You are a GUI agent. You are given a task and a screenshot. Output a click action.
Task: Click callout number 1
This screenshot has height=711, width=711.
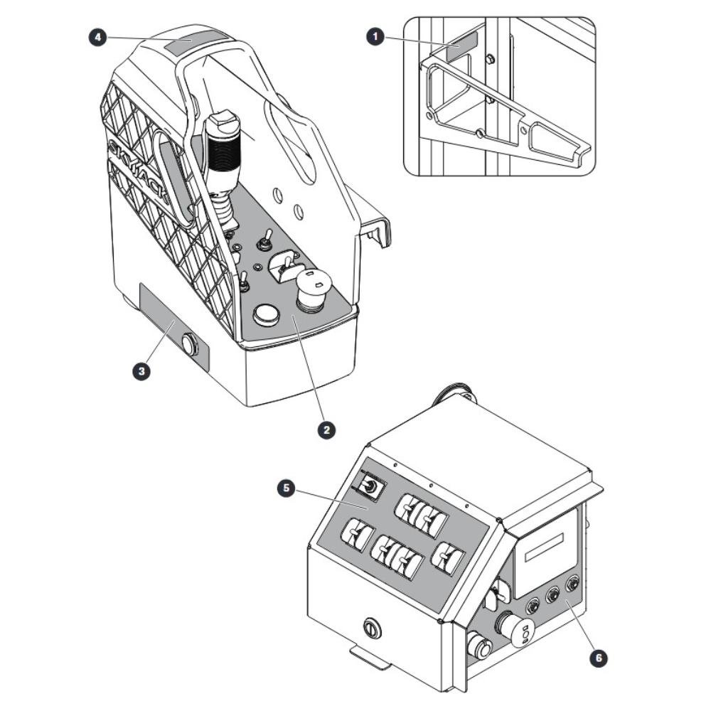point(375,37)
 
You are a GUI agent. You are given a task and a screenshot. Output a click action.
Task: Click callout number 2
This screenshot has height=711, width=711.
point(326,429)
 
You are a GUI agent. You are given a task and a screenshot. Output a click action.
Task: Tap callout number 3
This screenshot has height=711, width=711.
point(141,371)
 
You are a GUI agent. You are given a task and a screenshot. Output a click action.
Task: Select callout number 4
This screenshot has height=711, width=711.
point(97,37)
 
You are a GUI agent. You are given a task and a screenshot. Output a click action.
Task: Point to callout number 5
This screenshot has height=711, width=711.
point(286,488)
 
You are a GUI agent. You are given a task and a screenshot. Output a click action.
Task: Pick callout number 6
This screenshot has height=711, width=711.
point(598,657)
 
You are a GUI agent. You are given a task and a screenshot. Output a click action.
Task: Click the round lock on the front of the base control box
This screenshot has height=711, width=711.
point(373,629)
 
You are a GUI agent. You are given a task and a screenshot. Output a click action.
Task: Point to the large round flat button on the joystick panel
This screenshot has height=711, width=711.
point(266,315)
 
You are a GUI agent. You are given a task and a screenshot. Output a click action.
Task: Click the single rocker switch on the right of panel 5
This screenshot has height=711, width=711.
point(447,557)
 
